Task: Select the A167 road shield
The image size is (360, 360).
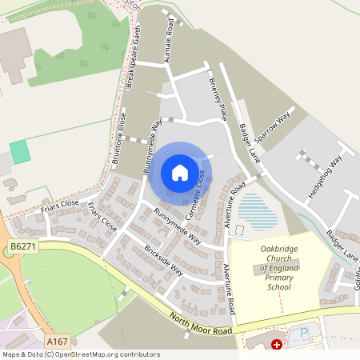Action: pos(57,341)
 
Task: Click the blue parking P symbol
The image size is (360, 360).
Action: pos(304,332)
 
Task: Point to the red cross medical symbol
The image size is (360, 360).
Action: pos(277,345)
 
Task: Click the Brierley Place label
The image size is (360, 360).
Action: pos(217,97)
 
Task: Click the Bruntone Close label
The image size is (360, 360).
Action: pos(119,138)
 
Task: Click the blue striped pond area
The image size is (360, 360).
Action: pos(258,211)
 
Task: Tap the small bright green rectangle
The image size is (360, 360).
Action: pos(20,152)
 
